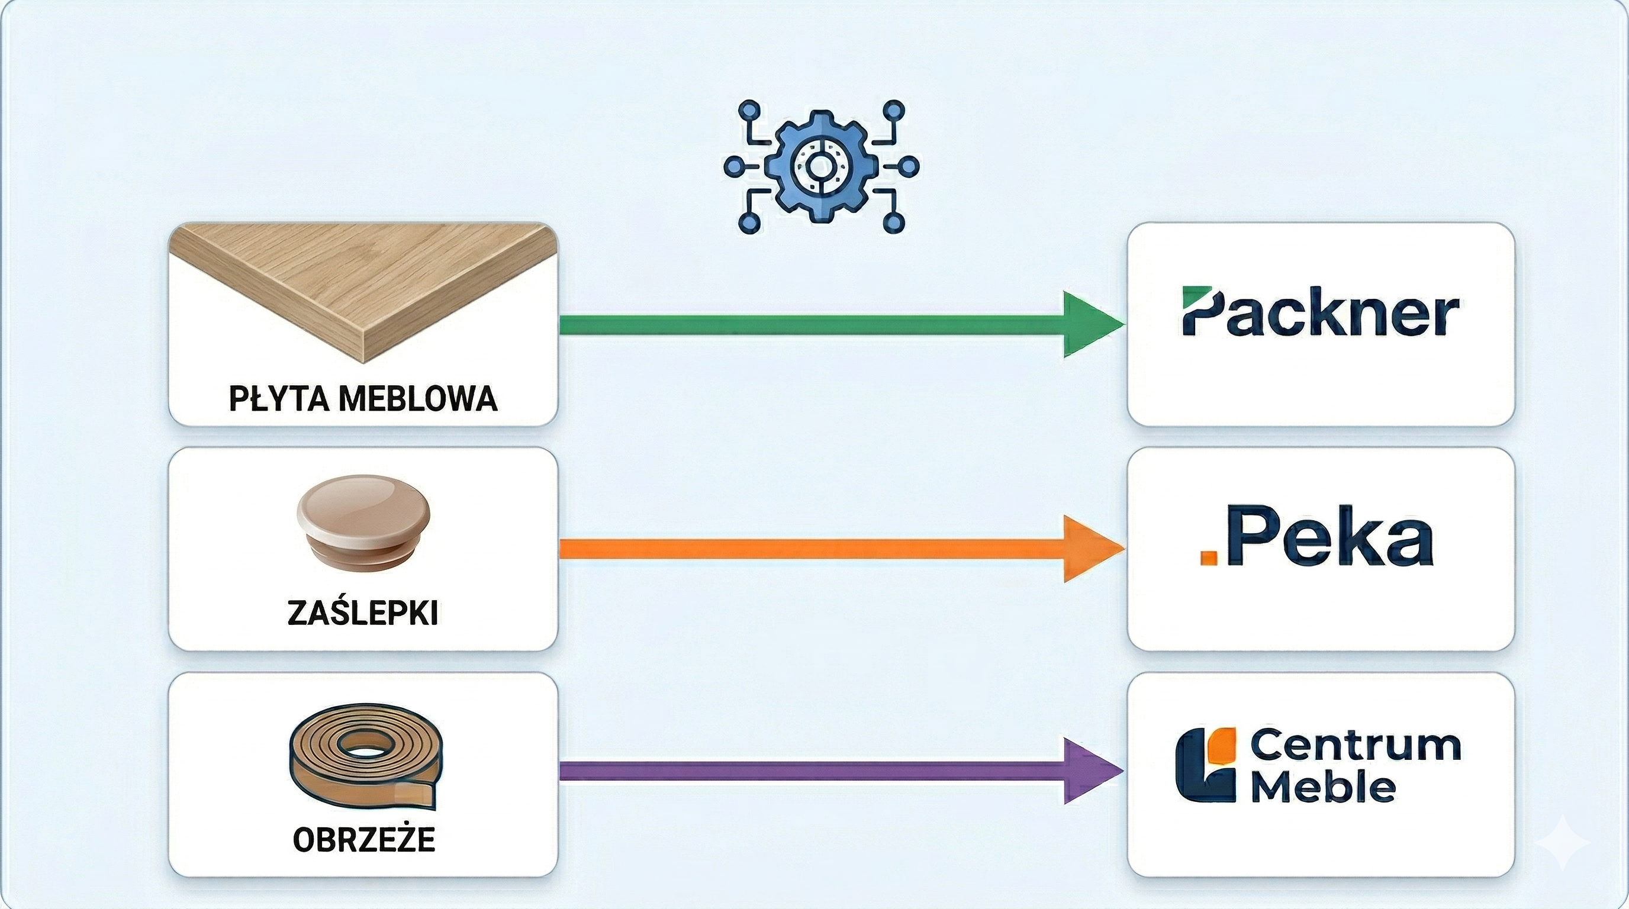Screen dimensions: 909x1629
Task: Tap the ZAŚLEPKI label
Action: [362, 613]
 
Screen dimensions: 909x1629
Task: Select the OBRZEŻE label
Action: [363, 840]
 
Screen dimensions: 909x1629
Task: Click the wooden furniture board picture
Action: [363, 285]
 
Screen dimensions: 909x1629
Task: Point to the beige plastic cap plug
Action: [363, 518]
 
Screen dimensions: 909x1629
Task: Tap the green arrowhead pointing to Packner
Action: [1091, 324]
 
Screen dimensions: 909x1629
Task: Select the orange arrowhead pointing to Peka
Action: [1091, 549]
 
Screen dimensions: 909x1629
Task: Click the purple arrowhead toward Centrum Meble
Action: [1091, 771]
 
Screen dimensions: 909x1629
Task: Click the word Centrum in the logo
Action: [1355, 746]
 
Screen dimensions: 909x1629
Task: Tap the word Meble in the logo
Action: [1323, 788]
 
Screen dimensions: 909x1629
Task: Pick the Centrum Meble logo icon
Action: [1205, 765]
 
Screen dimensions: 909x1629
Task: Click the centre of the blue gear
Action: [821, 167]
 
